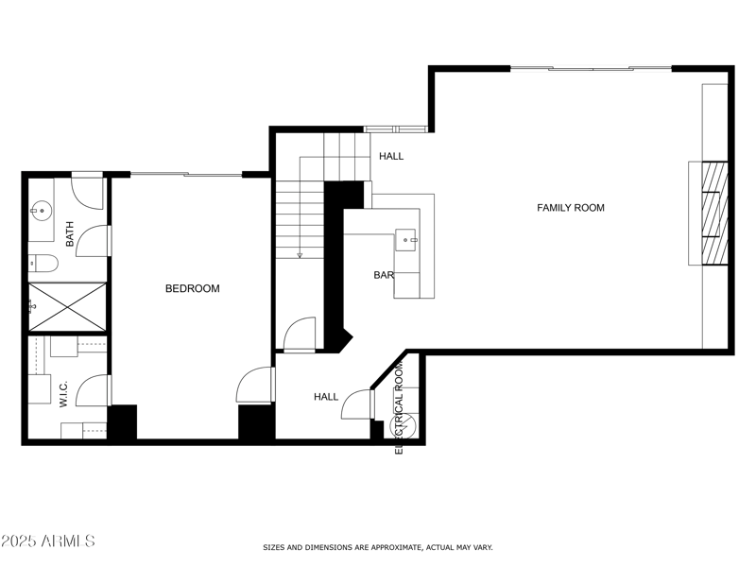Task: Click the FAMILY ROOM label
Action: (x=571, y=208)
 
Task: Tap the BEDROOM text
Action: (x=192, y=289)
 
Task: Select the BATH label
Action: (x=70, y=234)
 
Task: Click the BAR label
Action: (x=383, y=276)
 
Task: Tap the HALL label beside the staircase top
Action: (x=391, y=156)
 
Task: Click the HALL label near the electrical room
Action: (x=326, y=397)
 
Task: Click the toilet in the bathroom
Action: (x=39, y=263)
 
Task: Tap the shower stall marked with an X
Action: (x=66, y=305)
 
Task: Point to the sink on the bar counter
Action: (x=409, y=240)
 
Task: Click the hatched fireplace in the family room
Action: (x=713, y=214)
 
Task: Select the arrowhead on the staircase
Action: (x=299, y=254)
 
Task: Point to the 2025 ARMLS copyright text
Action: (x=48, y=541)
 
